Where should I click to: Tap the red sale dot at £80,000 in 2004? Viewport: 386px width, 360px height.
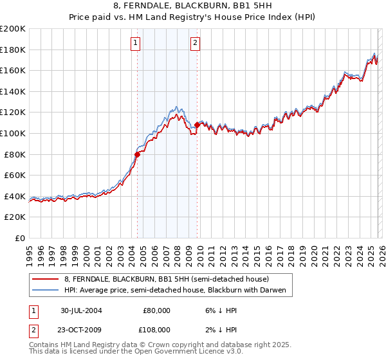(x=138, y=154)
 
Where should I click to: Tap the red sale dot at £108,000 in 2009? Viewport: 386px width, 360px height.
(x=197, y=125)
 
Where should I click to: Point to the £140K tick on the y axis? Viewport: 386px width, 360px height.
(x=14, y=91)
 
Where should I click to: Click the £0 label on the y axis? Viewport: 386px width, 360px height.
(x=20, y=238)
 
